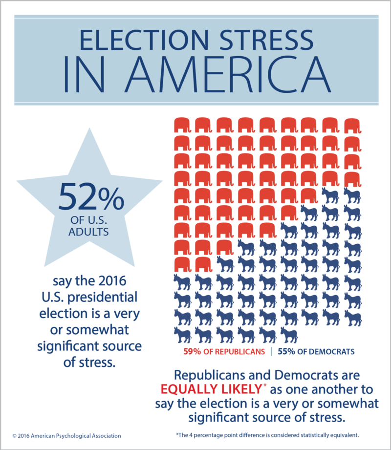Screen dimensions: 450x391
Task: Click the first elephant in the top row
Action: pos(182,125)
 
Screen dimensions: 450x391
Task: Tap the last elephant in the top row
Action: pos(352,125)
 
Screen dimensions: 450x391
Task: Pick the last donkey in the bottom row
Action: pos(289,335)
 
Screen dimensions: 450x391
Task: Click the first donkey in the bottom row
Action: pos(182,335)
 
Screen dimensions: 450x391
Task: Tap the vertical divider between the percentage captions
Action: pos(271,351)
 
